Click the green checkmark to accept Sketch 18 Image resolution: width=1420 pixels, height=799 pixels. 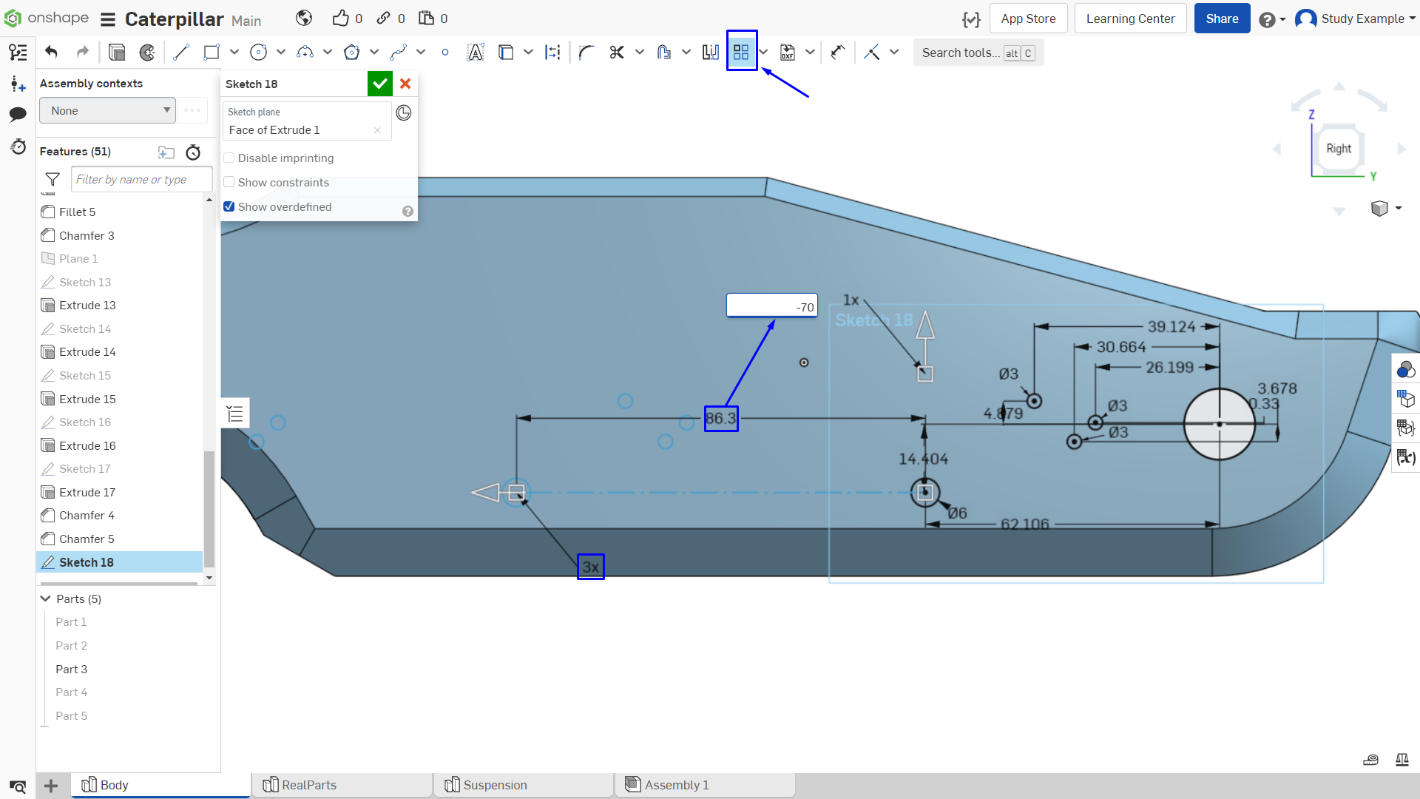click(x=379, y=84)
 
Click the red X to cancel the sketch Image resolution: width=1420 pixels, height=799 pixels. click(x=405, y=84)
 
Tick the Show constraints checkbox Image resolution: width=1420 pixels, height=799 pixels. click(x=229, y=183)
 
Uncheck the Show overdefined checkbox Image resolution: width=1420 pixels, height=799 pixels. click(x=229, y=207)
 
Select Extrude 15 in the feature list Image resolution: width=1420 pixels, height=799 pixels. click(x=87, y=399)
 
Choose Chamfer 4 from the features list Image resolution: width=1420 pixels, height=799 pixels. click(x=87, y=516)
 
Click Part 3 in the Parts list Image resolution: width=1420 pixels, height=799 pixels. click(x=72, y=670)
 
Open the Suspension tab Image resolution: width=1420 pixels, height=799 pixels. click(x=495, y=785)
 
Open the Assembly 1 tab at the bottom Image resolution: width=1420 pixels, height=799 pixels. click(x=677, y=785)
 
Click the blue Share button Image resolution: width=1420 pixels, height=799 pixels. click(x=1222, y=18)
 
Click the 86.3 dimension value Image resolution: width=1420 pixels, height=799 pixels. click(x=720, y=419)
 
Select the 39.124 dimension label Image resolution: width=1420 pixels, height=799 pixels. click(x=1171, y=327)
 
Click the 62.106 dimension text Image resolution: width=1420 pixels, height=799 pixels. click(x=1025, y=525)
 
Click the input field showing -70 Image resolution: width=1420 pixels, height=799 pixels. click(x=772, y=306)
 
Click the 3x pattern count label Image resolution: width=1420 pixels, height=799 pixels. click(x=590, y=567)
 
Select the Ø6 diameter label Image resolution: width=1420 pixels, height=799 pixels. click(x=958, y=513)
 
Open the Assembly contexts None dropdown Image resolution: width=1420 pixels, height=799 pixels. click(x=108, y=111)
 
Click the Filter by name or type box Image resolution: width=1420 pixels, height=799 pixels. click(x=141, y=180)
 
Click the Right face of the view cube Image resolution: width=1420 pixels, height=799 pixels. click(x=1339, y=149)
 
